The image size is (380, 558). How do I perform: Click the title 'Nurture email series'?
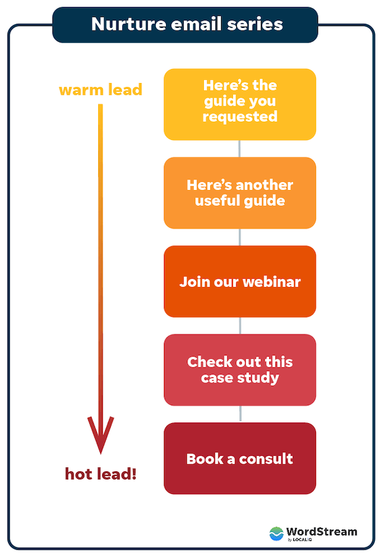[186, 25]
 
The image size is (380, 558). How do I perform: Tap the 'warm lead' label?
[100, 89]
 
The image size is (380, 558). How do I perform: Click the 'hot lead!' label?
[101, 473]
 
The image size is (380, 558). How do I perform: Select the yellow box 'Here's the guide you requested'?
[239, 105]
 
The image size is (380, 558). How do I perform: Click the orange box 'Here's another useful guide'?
[239, 193]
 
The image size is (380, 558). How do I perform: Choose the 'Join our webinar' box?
[239, 281]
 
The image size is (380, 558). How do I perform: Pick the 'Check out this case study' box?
[239, 370]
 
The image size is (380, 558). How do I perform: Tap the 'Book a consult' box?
[239, 459]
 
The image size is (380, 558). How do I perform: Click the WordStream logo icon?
[277, 533]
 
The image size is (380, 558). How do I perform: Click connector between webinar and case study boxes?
[239, 326]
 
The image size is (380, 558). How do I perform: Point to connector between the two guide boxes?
[239, 148]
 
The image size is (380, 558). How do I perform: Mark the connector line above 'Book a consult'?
[239, 414]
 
